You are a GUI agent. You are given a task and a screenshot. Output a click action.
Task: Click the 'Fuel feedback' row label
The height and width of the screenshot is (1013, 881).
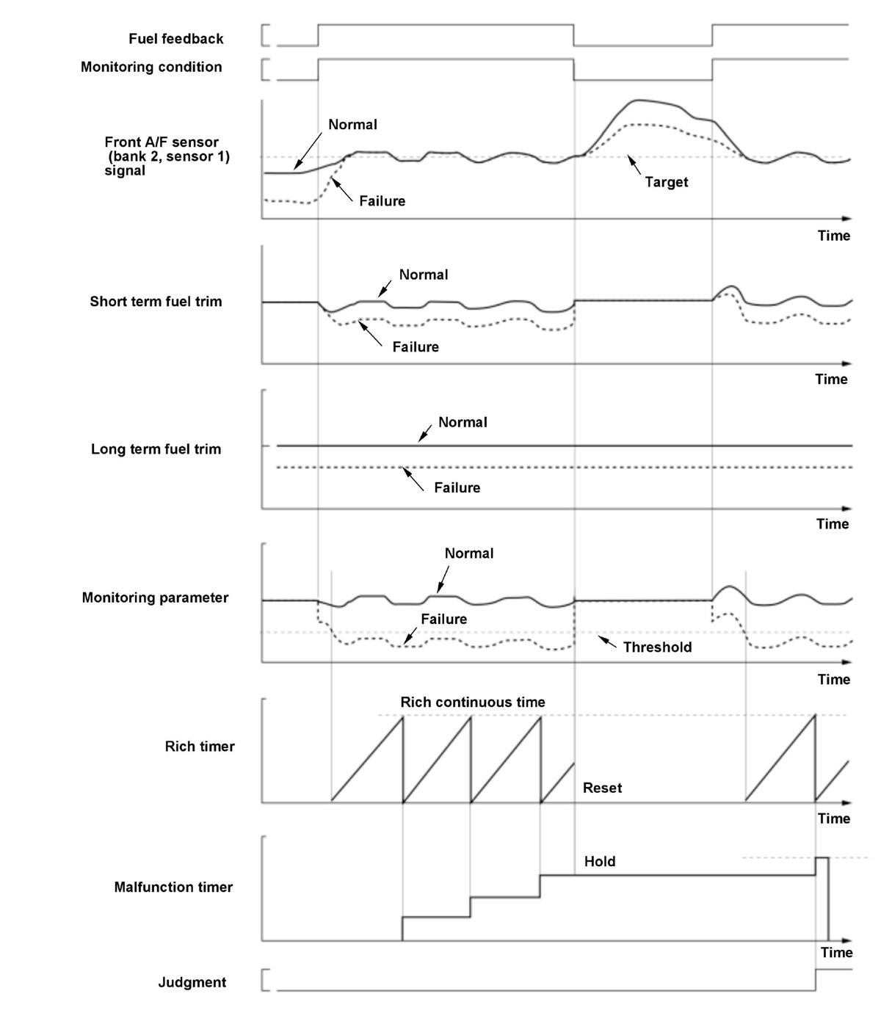click(x=175, y=39)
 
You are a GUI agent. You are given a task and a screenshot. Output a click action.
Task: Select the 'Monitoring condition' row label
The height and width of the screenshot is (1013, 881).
click(x=151, y=67)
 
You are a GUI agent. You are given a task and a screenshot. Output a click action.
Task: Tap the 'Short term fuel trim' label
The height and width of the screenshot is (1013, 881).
click(x=156, y=302)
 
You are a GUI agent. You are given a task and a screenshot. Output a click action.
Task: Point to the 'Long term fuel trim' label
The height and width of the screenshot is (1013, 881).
click(x=156, y=449)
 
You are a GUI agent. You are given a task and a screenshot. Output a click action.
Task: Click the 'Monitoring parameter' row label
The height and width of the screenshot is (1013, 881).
click(x=155, y=598)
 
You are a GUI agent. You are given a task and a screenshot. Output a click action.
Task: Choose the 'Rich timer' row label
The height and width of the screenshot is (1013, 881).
click(x=200, y=747)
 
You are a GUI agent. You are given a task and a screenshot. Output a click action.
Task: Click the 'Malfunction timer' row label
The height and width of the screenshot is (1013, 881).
click(x=173, y=887)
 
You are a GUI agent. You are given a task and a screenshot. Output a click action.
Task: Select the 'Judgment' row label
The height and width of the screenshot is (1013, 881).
click(x=192, y=982)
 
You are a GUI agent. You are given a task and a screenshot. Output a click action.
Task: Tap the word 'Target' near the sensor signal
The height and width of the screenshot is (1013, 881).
click(x=667, y=182)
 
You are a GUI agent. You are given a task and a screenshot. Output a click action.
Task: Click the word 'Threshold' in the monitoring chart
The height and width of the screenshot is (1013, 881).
click(x=657, y=647)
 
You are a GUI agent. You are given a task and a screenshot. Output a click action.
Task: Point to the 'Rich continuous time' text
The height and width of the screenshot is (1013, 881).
click(x=473, y=702)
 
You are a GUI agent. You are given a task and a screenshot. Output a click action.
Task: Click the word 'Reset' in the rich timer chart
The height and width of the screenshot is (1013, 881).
click(x=602, y=788)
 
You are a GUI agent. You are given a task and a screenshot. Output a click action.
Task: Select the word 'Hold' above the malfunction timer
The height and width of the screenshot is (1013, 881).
click(x=600, y=862)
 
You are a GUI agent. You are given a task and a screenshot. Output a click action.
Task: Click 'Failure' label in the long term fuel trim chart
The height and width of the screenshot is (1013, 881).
click(x=457, y=487)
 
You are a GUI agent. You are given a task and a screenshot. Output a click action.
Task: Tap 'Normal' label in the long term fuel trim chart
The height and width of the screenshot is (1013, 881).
click(x=463, y=422)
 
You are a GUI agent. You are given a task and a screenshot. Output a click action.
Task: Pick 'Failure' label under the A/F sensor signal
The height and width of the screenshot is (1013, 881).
click(x=382, y=201)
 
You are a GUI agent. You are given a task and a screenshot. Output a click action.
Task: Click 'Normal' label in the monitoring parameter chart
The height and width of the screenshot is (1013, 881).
click(x=469, y=553)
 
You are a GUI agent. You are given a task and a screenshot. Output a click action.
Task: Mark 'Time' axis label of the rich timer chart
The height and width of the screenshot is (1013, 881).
click(x=834, y=818)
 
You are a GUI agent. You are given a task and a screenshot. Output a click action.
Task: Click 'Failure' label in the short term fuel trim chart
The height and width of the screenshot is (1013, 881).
click(x=416, y=347)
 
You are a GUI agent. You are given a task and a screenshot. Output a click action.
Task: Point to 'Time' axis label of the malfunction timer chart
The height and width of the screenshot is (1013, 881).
click(x=836, y=953)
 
